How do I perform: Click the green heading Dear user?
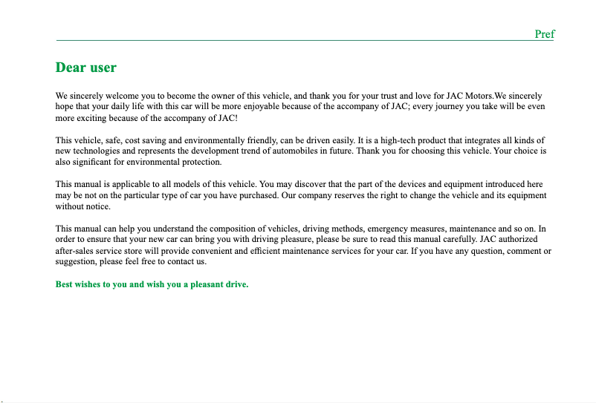coord(86,68)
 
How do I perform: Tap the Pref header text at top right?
coord(545,34)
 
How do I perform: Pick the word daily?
coord(109,107)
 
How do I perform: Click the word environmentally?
coord(222,140)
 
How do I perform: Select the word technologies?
coord(94,151)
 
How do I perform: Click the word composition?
coord(231,229)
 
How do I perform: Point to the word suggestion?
coord(77,262)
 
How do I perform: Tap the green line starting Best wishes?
coord(152,284)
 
